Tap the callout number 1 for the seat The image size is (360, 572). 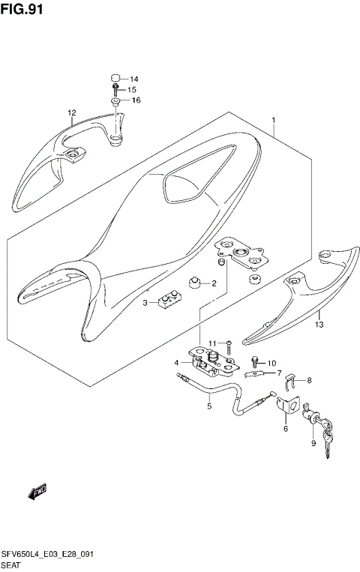(274, 120)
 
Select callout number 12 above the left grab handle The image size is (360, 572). (71, 114)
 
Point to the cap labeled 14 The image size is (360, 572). (115, 78)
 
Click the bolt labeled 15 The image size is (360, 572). (115, 90)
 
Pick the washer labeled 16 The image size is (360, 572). (116, 100)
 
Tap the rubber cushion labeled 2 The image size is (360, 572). (196, 283)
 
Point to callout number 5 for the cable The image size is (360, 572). (209, 407)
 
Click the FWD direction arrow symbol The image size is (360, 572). (37, 492)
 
